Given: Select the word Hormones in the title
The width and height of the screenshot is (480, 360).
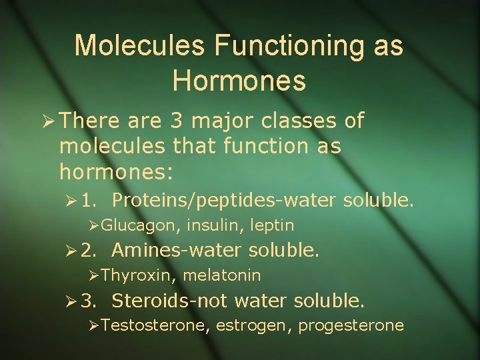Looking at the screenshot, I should (239, 81).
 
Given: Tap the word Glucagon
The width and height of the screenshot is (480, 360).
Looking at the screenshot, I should (140, 225).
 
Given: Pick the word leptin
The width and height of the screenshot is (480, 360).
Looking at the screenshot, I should (271, 225).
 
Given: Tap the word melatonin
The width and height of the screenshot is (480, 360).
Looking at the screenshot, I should (221, 275).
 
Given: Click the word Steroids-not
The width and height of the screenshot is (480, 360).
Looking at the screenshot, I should (170, 301).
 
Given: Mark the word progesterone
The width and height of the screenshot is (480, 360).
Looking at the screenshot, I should (351, 326).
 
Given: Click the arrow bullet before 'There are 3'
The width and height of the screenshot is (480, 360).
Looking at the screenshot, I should (48, 122).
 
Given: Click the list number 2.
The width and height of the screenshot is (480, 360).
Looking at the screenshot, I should (87, 251).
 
